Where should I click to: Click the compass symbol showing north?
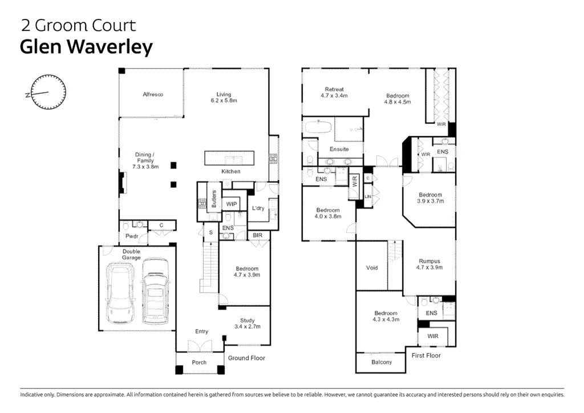(x=48, y=93)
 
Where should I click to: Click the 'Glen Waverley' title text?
(x=86, y=47)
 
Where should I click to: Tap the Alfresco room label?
(x=153, y=94)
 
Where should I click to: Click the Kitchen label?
(x=231, y=171)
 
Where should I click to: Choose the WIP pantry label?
(x=232, y=204)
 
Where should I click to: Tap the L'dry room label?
(x=258, y=208)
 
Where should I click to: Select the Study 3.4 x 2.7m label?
(x=247, y=323)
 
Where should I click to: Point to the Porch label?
(x=199, y=363)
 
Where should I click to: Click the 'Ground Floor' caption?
(x=246, y=358)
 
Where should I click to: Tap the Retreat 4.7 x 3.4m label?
(x=334, y=93)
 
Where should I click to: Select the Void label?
(x=372, y=268)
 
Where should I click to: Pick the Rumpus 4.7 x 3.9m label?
(x=429, y=264)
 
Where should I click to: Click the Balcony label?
(x=382, y=362)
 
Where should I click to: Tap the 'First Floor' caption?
(x=426, y=355)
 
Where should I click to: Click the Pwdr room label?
(x=132, y=236)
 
